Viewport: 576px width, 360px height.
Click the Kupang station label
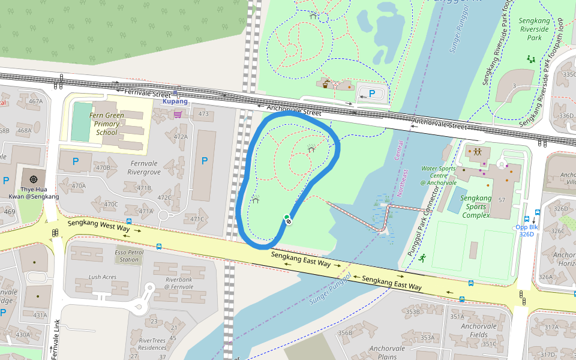point(175,101)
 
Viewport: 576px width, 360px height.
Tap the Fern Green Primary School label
point(106,124)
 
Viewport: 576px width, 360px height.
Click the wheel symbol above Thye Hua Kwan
point(34,179)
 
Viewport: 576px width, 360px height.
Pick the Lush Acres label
point(102,277)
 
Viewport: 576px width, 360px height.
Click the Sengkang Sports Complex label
point(475,206)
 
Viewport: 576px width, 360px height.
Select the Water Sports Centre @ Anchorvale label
point(439,176)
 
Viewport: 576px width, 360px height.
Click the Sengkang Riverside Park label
point(535,29)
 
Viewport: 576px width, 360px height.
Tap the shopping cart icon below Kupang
point(178,115)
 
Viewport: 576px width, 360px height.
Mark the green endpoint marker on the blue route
point(287,217)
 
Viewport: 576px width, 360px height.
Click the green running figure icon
point(422,259)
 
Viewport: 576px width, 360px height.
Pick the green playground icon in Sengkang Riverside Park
point(531,59)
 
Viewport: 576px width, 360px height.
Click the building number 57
point(502,200)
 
